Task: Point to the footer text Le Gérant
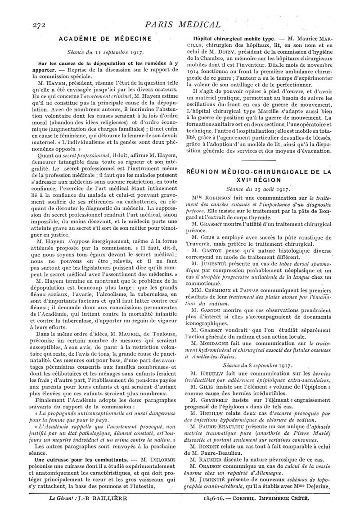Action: tap(60, 498)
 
